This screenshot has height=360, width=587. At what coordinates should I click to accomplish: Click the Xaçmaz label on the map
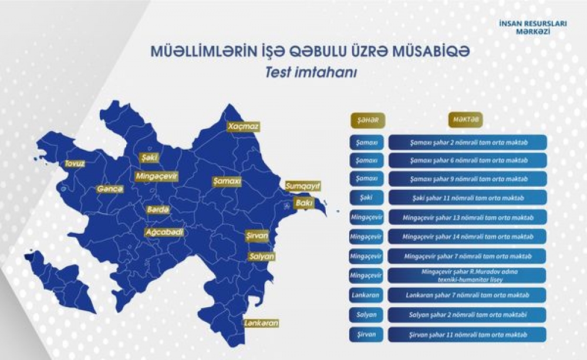coord(243,126)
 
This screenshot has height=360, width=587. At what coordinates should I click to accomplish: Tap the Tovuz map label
coord(75,164)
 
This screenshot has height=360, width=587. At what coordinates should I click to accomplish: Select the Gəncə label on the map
coord(110,190)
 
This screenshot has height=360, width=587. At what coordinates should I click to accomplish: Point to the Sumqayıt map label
coord(303,186)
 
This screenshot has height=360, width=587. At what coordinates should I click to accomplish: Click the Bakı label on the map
coord(304,203)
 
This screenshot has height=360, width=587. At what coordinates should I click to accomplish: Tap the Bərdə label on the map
coord(158,210)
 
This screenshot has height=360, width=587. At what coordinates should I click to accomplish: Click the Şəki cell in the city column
coord(366,197)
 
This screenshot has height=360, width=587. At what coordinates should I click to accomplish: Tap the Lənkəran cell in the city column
coord(366,295)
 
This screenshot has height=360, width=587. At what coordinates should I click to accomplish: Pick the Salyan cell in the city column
coord(366,315)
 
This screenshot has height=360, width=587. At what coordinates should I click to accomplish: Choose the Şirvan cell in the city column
coord(366,334)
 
